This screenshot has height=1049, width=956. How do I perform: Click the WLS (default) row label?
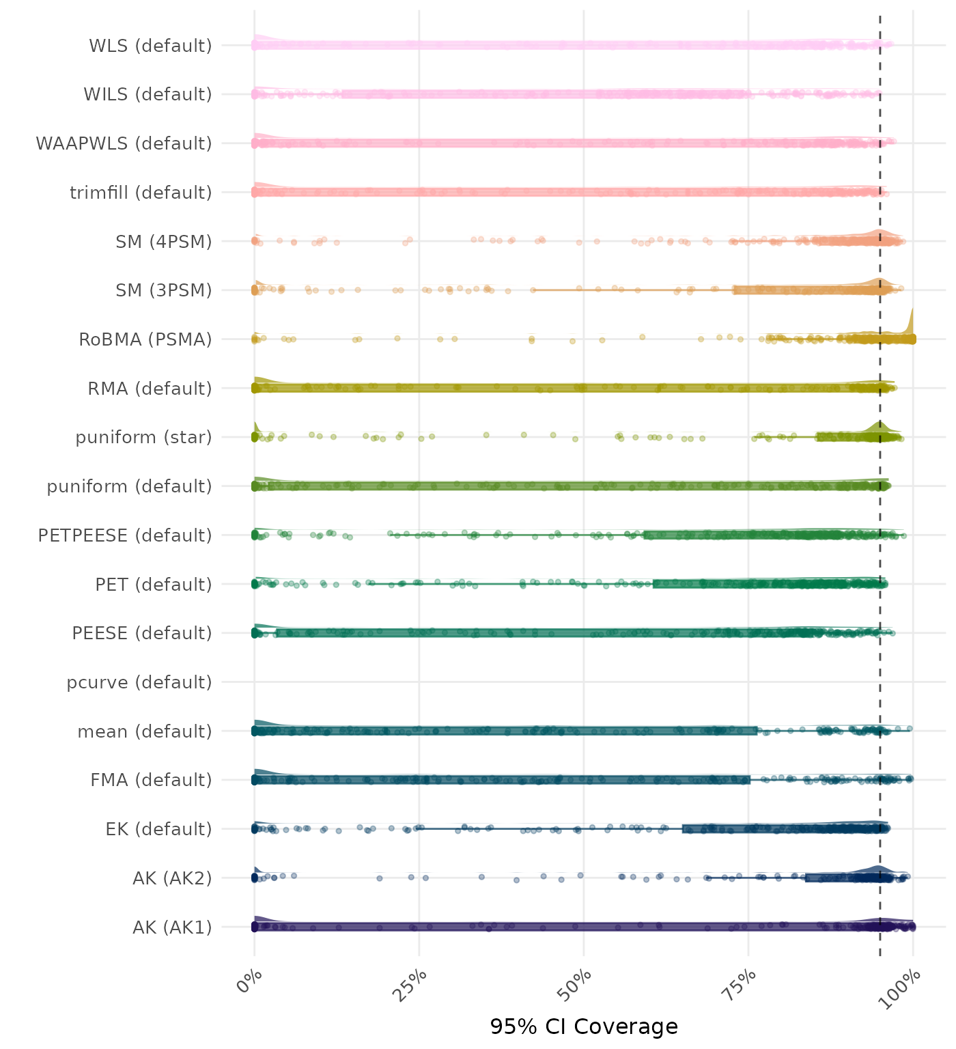point(150,46)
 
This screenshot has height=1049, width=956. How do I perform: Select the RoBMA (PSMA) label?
point(145,339)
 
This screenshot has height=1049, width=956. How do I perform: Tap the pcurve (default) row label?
point(139,682)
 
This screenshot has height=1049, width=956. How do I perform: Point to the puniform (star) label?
point(143,437)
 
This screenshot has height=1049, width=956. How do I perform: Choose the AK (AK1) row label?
point(172,927)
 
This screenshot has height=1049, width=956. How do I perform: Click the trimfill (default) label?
point(141,193)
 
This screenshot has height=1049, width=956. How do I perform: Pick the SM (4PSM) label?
point(164,242)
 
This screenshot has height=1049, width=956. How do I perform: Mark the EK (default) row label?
point(158,829)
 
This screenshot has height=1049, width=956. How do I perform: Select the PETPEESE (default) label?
point(125,535)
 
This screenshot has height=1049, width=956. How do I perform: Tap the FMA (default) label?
point(151,780)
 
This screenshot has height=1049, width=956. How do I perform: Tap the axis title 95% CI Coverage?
point(584,1026)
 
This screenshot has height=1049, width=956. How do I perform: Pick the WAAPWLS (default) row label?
point(124,143)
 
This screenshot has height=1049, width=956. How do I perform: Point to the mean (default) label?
point(145,731)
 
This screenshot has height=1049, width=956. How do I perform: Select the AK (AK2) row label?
point(172,878)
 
